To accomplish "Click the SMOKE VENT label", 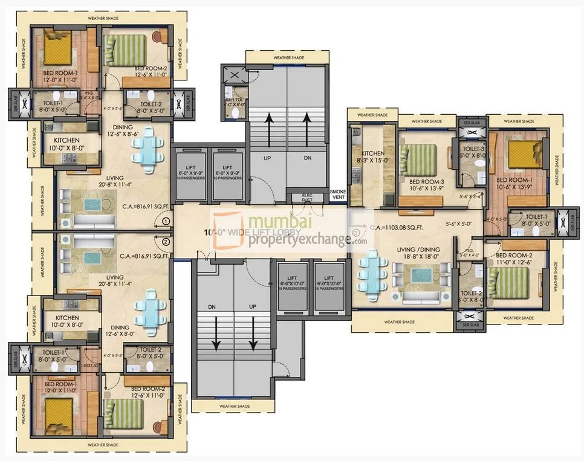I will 339,194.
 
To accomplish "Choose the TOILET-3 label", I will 473,149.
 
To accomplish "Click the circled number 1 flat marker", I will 166,222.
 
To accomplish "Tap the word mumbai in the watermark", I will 277,222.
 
